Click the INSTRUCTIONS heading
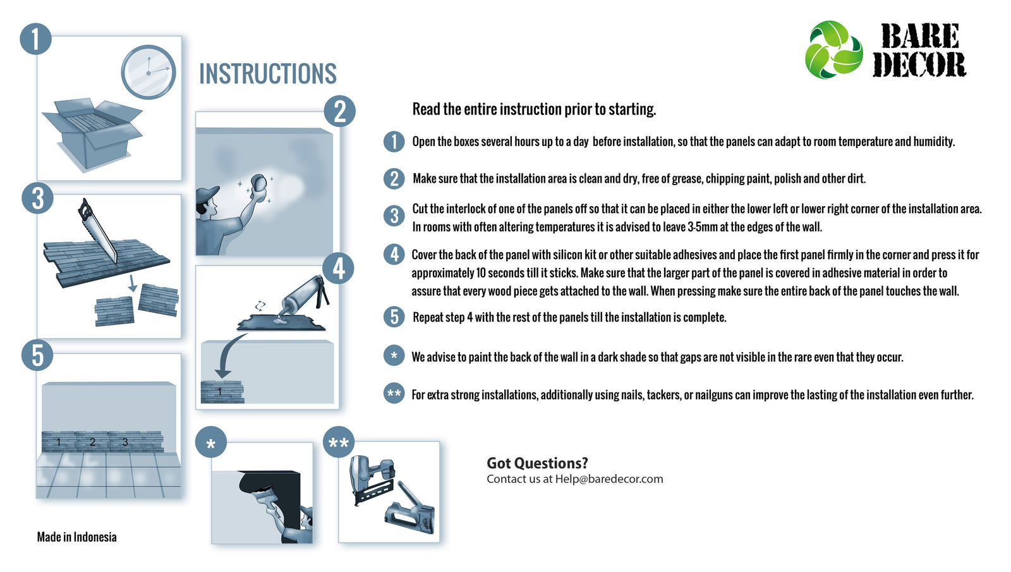[268, 73]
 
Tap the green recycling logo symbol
[833, 50]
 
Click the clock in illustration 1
[148, 72]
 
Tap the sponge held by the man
[258, 183]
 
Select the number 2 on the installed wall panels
[92, 442]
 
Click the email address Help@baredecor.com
[609, 479]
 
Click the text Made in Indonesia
[76, 537]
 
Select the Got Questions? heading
[537, 463]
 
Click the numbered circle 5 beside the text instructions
[394, 317]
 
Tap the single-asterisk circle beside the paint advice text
[394, 356]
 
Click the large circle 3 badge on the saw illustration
[37, 198]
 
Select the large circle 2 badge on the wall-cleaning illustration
[339, 111]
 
